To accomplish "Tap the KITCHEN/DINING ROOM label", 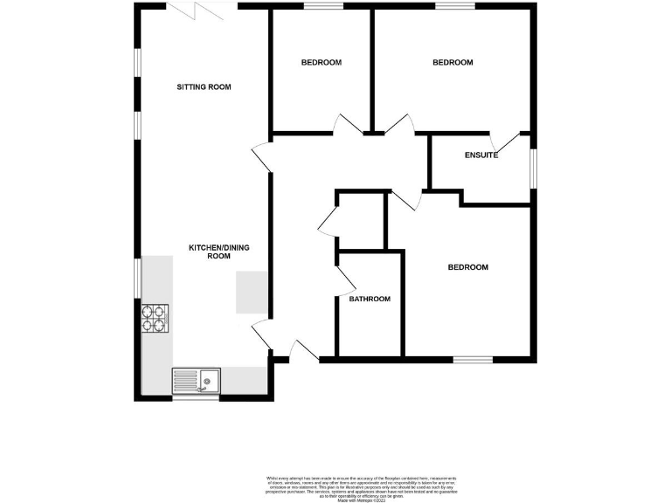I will (219, 252).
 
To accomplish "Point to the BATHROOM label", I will (370, 299).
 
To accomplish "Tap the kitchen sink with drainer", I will (197, 380).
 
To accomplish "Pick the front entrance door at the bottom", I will (303, 350).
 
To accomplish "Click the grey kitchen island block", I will (252, 291).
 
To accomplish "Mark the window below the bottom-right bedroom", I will (472, 359).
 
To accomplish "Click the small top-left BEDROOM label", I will (321, 63).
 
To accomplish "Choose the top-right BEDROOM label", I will (453, 63).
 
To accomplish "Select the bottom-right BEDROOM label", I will (467, 267).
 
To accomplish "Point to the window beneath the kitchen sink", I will (196, 398).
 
